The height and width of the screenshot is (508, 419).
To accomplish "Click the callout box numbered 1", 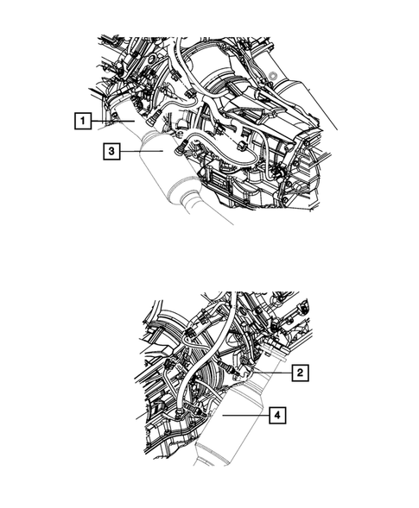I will [x=81, y=122].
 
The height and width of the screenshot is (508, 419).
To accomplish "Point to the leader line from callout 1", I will [x=112, y=122].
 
